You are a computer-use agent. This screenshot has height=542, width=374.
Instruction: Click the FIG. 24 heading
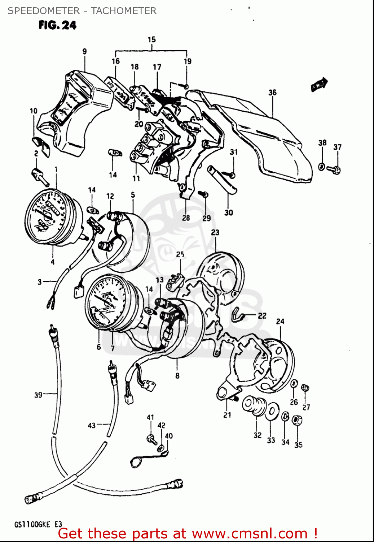pyautogui.click(x=58, y=25)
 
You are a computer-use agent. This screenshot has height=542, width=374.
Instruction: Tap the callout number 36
pyautogui.click(x=272, y=93)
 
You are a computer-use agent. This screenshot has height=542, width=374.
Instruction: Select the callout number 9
pyautogui.click(x=85, y=51)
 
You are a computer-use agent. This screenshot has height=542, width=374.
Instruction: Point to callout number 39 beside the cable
pyautogui.click(x=38, y=395)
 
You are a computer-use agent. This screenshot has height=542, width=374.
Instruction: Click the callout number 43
pyautogui.click(x=92, y=426)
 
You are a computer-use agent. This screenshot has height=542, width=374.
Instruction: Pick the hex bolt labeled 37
pyautogui.click(x=335, y=169)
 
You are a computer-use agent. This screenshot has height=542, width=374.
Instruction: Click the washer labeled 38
pyautogui.click(x=321, y=167)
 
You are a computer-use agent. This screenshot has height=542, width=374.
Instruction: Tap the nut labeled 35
pyautogui.click(x=297, y=421)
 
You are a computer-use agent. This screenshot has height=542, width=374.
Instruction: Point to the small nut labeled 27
pyautogui.click(x=305, y=388)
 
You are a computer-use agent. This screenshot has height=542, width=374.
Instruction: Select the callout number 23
pyautogui.click(x=215, y=232)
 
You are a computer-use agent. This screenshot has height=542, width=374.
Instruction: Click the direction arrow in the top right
pyautogui.click(x=319, y=85)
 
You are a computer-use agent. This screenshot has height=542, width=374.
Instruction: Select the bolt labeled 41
pyautogui.click(x=151, y=438)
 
